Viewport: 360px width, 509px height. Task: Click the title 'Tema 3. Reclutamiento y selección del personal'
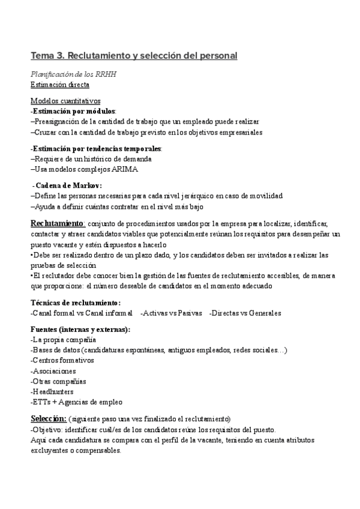[x=134, y=56]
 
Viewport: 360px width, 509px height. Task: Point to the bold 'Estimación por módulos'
[x=74, y=111]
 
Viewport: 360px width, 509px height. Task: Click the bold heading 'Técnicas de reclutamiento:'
[x=76, y=303]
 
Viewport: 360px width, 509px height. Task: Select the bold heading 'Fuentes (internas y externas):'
[x=80, y=330]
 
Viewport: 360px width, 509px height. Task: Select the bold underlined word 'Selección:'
[x=48, y=418]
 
